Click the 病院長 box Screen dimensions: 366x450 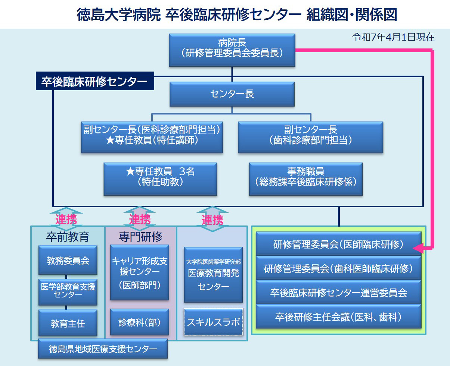pos(232,50)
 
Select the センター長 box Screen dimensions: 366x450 pos(232,94)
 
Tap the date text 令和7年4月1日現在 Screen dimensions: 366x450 pos(393,37)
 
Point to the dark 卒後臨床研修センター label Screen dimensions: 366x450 pos(94,81)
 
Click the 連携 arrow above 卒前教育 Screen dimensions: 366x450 pos(66,219)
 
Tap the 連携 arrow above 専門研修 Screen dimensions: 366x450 pos(140,219)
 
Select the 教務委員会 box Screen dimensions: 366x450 pos(68,260)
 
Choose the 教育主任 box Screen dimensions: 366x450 pos(68,323)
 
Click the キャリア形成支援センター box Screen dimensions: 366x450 pos(140,272)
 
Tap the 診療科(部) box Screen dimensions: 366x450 pos(140,322)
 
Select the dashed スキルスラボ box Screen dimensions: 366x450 pos(213,322)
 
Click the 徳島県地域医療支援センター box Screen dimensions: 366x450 pos(103,349)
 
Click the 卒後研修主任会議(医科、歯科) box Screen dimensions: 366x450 pos(338,317)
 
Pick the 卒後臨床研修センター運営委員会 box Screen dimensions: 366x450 pos(338,293)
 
